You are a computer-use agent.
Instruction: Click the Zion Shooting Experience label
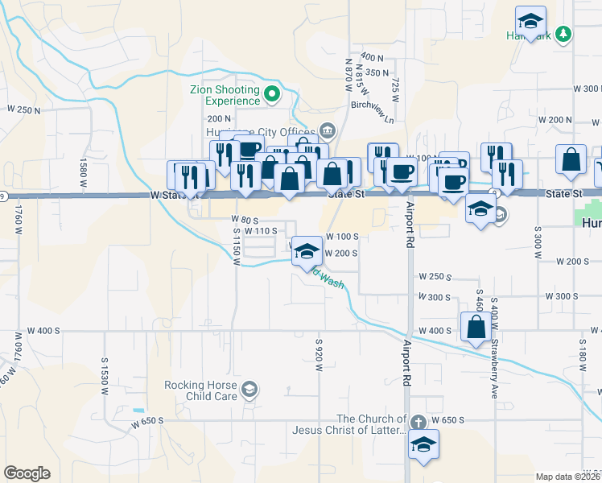coord(225,95)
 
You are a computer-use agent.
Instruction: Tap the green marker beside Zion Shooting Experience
coord(271,94)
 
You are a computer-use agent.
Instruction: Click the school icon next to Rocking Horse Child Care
coord(250,390)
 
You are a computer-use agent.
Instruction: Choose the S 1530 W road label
coord(105,374)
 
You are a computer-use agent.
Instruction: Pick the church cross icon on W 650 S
coord(418,422)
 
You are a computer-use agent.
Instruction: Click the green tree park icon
coord(564,33)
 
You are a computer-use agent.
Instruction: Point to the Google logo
coord(27,473)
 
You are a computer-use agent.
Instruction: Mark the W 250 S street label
coord(434,276)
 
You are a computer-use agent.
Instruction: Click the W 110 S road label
coord(262,231)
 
